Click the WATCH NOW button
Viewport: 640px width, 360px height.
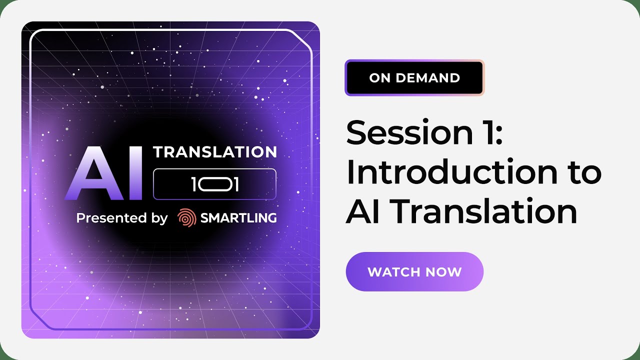(x=414, y=272)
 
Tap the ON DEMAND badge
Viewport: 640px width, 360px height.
(x=414, y=78)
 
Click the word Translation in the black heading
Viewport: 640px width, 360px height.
(x=484, y=211)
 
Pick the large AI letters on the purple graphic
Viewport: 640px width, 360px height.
(x=107, y=173)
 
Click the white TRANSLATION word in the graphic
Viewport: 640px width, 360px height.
(x=215, y=152)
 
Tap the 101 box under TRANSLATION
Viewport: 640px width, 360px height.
(x=214, y=184)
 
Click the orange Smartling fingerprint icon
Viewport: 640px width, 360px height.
(x=186, y=218)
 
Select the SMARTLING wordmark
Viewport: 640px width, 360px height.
(x=238, y=218)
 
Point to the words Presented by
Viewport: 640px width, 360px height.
(x=122, y=218)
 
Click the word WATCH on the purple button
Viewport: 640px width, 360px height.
(x=390, y=272)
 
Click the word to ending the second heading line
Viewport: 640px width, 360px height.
(x=583, y=172)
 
